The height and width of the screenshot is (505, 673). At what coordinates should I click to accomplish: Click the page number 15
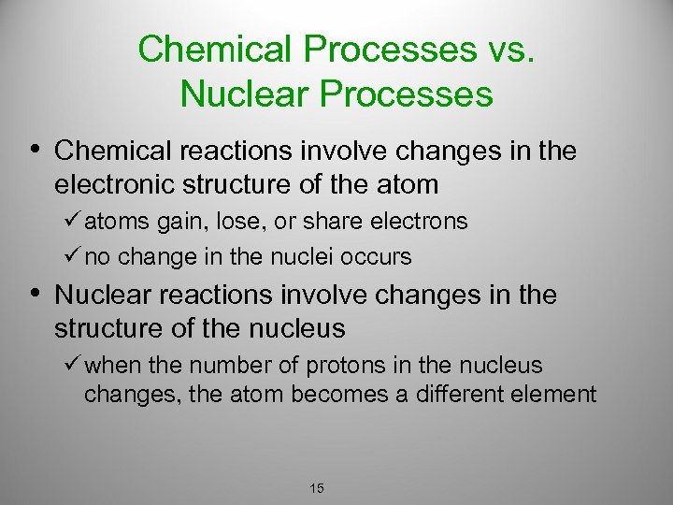316,488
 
